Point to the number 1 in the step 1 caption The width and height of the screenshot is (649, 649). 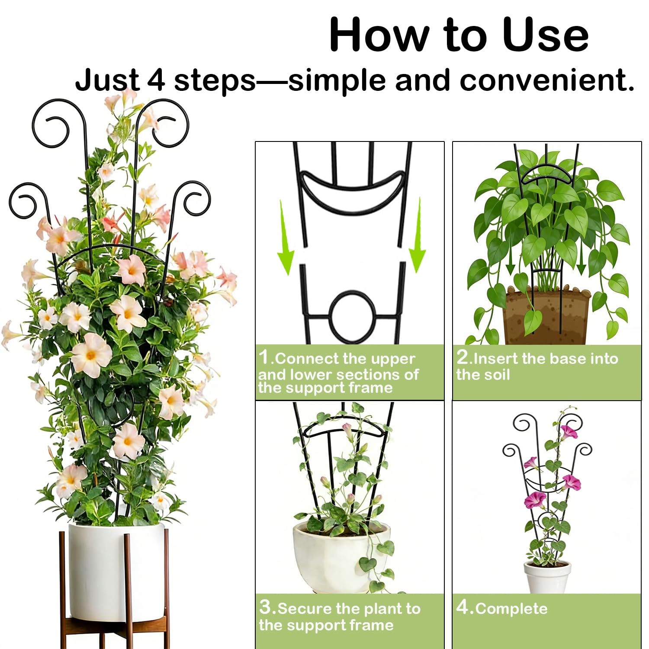(x=264, y=357)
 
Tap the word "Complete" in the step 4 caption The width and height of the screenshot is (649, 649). (x=511, y=608)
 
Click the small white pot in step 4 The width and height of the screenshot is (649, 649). (x=547, y=577)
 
